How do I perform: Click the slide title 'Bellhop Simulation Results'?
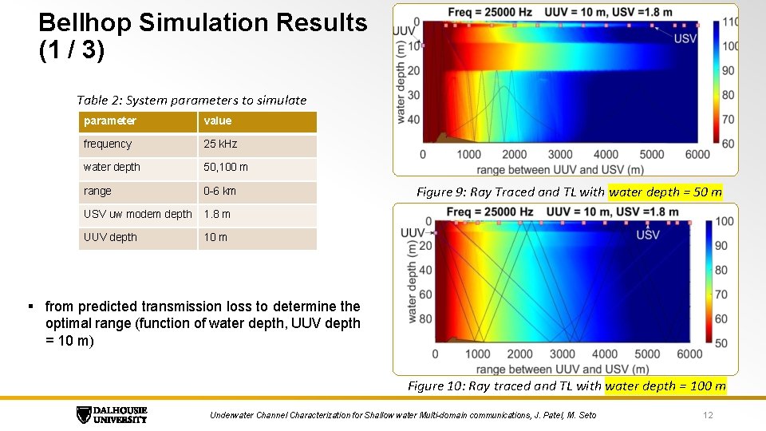[x=203, y=22]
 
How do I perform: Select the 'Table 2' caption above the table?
[x=191, y=100]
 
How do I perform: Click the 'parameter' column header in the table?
[x=110, y=121]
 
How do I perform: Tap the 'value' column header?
[x=218, y=121]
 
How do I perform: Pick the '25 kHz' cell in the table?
[x=220, y=144]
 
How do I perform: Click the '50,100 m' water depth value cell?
[x=226, y=168]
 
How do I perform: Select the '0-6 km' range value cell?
[x=219, y=192]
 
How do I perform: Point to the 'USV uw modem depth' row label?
[x=137, y=214]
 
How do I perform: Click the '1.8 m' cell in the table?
[x=217, y=214]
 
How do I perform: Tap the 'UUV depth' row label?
[x=110, y=238]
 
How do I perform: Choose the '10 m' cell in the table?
[x=215, y=238]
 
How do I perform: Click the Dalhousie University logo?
[x=112, y=414]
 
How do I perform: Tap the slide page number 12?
[x=707, y=415]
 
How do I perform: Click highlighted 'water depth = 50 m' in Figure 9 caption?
[x=665, y=192]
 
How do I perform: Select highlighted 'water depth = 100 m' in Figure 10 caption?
[x=665, y=386]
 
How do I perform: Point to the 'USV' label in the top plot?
[x=685, y=38]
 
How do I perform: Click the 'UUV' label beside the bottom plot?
[x=413, y=233]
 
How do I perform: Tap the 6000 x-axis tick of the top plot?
[x=697, y=154]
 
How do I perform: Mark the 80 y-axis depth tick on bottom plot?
[x=424, y=319]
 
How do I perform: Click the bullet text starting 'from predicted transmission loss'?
[x=203, y=323]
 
